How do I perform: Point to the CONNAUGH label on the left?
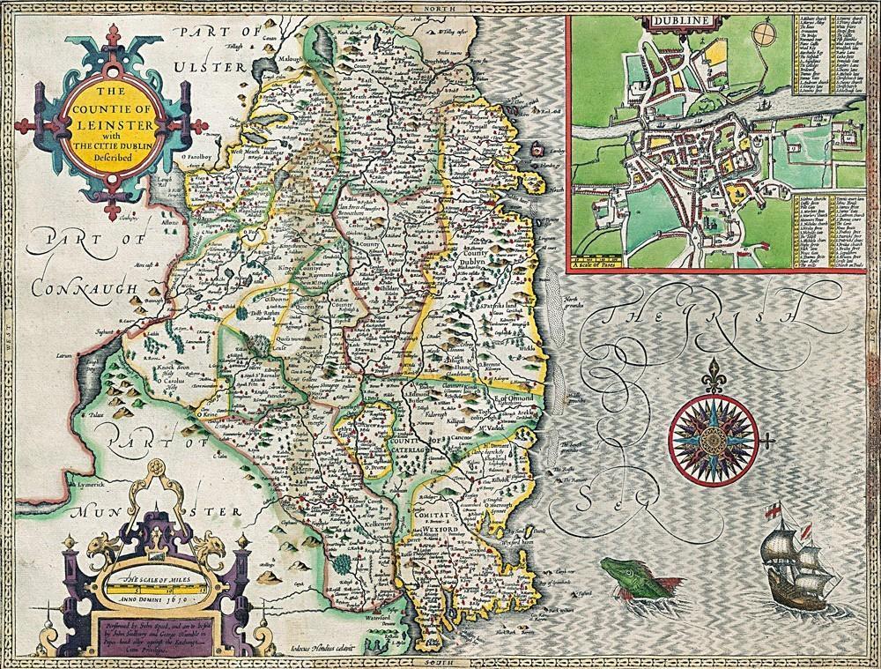tap(81, 288)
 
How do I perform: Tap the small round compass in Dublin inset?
tap(764, 38)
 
